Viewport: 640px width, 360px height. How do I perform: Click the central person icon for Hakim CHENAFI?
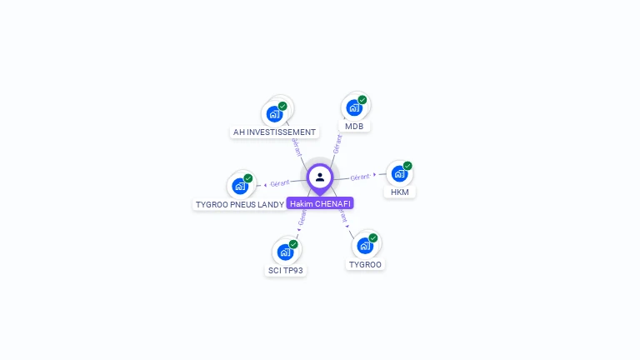(x=320, y=177)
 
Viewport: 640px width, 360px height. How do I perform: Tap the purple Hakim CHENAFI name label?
(x=320, y=203)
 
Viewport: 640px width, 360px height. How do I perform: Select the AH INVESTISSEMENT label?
(x=274, y=132)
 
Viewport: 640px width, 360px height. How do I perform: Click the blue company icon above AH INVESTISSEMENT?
(x=274, y=114)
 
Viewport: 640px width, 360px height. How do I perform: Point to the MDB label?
(x=354, y=126)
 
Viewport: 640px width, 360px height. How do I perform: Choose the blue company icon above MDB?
(x=354, y=107)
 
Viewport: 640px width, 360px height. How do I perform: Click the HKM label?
(x=399, y=192)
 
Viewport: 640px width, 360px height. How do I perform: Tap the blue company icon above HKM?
(x=399, y=173)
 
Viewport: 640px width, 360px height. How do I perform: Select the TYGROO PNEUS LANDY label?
(x=239, y=204)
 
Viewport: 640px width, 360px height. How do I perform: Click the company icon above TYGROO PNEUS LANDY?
(x=240, y=186)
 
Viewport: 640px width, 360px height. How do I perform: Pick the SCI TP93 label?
(x=285, y=270)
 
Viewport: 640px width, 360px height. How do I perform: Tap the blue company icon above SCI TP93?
(x=285, y=252)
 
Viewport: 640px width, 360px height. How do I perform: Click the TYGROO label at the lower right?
(x=365, y=264)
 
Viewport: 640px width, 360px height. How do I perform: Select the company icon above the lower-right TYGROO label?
(x=365, y=246)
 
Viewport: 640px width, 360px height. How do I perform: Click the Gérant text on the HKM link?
(x=360, y=177)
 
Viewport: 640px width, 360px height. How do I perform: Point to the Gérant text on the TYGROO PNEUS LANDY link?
(x=280, y=183)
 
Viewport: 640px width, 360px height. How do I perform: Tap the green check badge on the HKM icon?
(x=407, y=166)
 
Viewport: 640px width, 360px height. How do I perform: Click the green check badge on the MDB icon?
(x=362, y=100)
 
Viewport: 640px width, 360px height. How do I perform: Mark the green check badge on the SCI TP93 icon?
(x=293, y=244)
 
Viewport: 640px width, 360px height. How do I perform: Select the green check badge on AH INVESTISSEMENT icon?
(x=282, y=107)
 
